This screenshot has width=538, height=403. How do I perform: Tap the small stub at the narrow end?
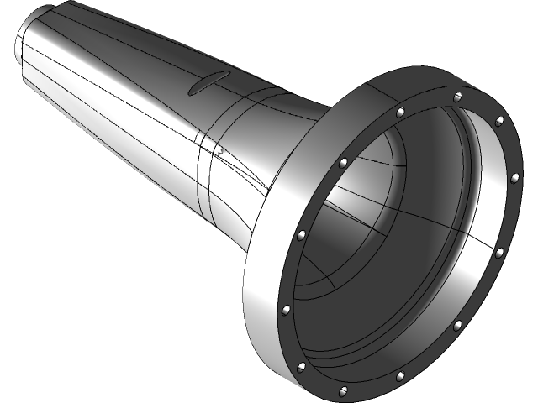tap(24, 42)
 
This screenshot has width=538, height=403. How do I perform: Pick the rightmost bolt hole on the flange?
tap(515, 177)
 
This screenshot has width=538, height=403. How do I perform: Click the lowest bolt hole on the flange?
tap(346, 391)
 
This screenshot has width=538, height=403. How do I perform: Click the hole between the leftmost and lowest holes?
tap(301, 364)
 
